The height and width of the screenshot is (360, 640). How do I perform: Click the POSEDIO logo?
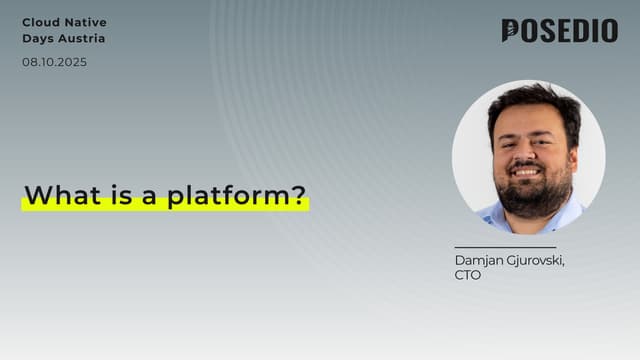click(x=559, y=31)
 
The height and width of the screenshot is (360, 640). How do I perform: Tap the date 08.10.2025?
click(x=54, y=62)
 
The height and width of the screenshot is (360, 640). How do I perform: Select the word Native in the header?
click(x=87, y=22)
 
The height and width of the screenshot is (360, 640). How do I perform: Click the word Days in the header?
click(x=37, y=39)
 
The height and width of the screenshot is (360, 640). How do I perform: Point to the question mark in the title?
click(x=298, y=195)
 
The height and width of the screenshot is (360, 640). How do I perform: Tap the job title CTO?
click(x=467, y=275)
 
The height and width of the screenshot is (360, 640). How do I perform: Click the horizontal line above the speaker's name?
click(x=504, y=247)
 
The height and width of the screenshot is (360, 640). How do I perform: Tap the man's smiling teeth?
click(x=527, y=171)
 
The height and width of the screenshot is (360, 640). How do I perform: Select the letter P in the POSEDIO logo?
click(x=510, y=31)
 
